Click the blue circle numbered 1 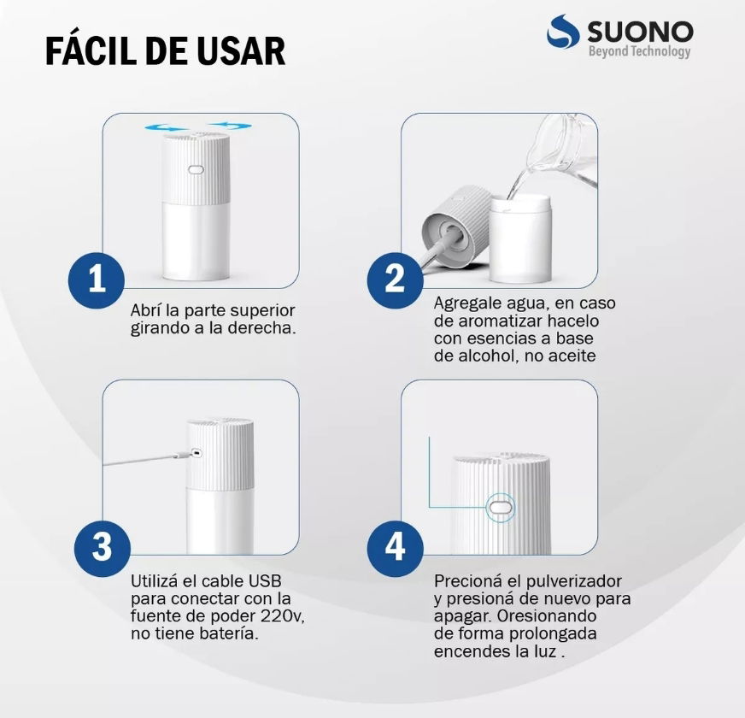(97, 280)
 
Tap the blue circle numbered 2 (395, 280)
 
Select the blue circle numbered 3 (103, 548)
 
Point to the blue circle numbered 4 (395, 548)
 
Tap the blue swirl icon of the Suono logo (563, 31)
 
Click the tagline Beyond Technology (640, 51)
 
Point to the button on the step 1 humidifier (196, 169)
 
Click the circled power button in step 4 (502, 508)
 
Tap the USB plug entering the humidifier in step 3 (187, 455)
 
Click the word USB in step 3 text (265, 581)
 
